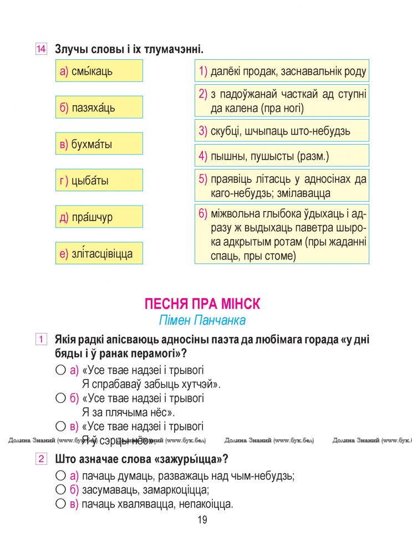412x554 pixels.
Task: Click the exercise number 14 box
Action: pos(40,49)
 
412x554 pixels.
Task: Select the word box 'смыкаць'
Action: pos(99,71)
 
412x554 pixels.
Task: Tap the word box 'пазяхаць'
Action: pos(99,107)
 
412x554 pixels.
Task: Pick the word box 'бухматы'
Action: pos(99,144)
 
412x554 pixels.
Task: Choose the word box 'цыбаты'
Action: pos(99,181)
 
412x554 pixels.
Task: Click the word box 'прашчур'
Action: pos(99,217)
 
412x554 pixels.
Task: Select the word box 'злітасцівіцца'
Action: pos(99,254)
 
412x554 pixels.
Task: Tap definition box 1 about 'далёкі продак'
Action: pos(282,71)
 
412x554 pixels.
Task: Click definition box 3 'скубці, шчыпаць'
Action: pos(282,131)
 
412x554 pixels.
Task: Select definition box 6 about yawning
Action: pos(282,235)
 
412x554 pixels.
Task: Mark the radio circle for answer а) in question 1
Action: pos(60,370)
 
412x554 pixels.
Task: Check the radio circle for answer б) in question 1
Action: pos(60,398)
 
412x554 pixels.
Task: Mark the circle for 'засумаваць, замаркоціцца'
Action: pos(60,490)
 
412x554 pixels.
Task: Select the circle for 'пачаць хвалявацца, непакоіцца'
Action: pos(60,504)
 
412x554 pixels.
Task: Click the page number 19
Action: pos(202,520)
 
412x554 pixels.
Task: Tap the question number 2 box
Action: pos(40,459)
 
